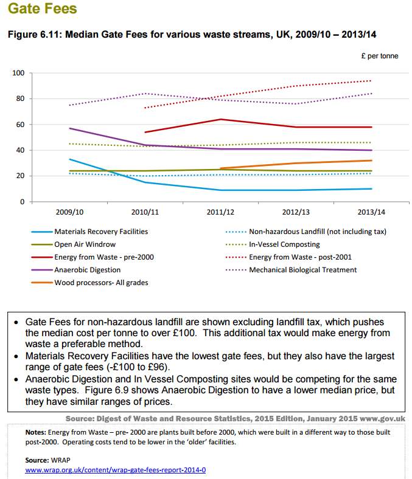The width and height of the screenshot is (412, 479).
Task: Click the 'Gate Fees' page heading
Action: tap(42, 9)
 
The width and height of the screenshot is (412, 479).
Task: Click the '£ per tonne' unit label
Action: tap(380, 56)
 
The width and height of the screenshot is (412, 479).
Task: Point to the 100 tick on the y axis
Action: tap(18, 73)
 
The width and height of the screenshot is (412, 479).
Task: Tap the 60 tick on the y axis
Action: tap(20, 125)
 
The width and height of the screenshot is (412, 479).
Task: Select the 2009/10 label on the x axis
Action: tap(69, 212)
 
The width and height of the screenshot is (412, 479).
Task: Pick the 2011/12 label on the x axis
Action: tap(220, 212)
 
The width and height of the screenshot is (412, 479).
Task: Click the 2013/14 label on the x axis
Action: tap(371, 212)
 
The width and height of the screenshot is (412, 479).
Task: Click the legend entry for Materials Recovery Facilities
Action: tap(101, 232)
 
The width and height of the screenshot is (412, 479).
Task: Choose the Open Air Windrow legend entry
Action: tap(85, 244)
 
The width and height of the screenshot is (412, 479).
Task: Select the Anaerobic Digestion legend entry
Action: tap(87, 270)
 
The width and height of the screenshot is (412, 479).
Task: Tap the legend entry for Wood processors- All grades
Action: tap(101, 283)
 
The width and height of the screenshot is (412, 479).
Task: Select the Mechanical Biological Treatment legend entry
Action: tap(303, 270)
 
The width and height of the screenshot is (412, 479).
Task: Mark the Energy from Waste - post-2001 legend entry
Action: tap(300, 257)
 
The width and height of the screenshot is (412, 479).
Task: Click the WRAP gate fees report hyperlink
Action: tap(115, 470)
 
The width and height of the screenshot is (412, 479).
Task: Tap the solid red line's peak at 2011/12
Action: tap(220, 119)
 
